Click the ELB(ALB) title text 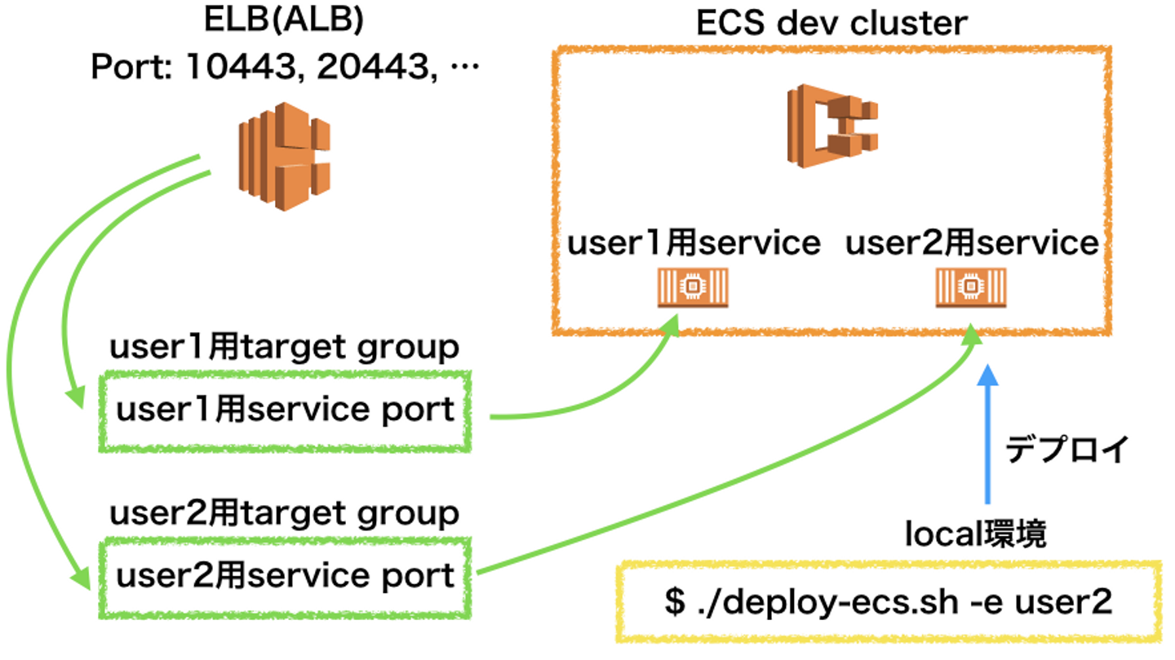283,21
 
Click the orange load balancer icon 284,156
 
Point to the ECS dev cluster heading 831,23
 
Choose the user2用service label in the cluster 971,242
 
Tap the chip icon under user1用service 693,287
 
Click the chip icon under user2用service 971,287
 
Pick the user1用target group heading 284,348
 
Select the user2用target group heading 284,513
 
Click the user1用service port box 285,410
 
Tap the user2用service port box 285,576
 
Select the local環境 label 976,534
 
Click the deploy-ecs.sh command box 889,602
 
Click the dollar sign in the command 674,603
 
